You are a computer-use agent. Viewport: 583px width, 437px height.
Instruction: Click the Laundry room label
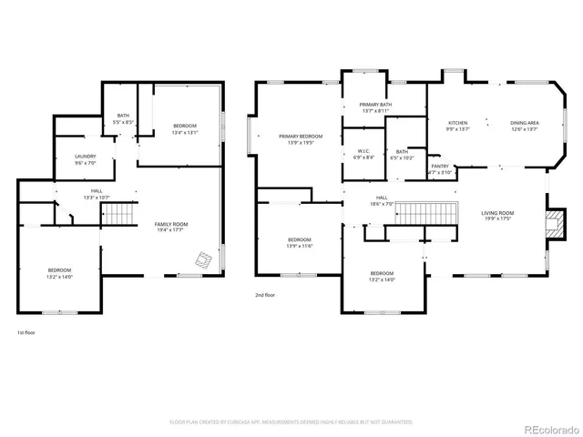click(x=85, y=157)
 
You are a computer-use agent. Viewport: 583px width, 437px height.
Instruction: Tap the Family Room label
click(x=171, y=224)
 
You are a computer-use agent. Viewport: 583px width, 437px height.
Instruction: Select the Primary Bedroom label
click(x=300, y=136)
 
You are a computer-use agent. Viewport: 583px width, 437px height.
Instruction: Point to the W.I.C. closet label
click(x=363, y=150)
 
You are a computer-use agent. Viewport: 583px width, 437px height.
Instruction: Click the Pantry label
click(x=439, y=167)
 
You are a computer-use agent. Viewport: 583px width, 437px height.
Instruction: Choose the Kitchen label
click(x=457, y=122)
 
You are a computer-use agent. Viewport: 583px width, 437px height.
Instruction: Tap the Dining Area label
click(x=524, y=122)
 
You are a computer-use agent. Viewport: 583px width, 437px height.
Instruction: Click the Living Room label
click(x=497, y=212)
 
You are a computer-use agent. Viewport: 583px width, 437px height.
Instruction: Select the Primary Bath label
click(x=375, y=105)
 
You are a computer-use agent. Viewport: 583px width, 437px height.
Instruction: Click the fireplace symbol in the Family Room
click(x=203, y=259)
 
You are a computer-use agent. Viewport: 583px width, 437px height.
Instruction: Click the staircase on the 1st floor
click(x=117, y=216)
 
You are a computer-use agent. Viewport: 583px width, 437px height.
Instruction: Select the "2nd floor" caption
click(x=265, y=295)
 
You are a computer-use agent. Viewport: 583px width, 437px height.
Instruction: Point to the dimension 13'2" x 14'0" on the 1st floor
click(x=60, y=277)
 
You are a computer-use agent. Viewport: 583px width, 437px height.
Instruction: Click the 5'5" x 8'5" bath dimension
click(x=123, y=122)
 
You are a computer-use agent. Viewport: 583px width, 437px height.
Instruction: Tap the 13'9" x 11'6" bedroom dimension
click(x=300, y=246)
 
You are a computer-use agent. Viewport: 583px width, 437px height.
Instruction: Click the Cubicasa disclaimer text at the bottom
click(x=291, y=422)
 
